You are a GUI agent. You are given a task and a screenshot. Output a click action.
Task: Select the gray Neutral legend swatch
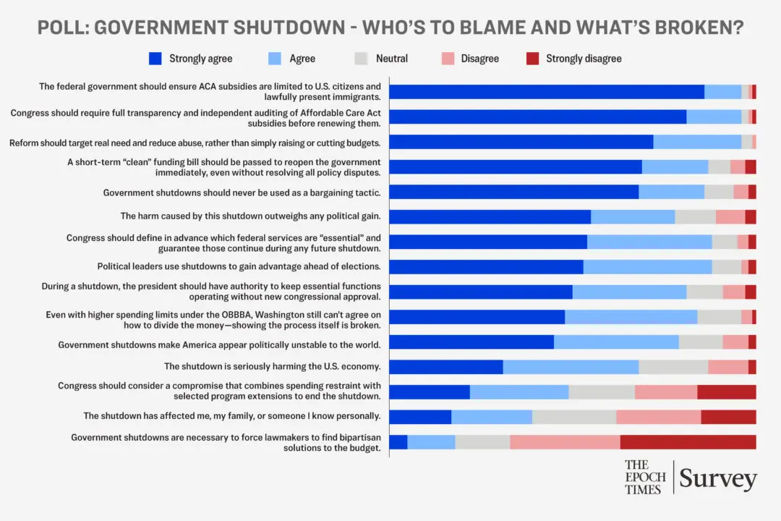click(x=362, y=59)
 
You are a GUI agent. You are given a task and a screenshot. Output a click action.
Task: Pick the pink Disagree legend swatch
click(x=448, y=59)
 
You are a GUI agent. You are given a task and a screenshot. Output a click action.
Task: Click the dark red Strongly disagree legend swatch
click(x=532, y=59)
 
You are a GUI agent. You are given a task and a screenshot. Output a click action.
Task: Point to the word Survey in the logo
click(x=717, y=478)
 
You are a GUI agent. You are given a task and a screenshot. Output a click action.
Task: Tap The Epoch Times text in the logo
click(x=645, y=478)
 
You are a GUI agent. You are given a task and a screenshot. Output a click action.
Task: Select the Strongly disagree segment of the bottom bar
click(x=688, y=442)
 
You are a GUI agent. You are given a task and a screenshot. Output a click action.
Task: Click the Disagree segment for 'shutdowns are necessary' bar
click(x=565, y=442)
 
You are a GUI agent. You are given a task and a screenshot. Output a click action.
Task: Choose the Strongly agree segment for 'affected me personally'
click(x=420, y=417)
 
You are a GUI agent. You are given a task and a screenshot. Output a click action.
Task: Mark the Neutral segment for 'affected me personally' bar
click(x=574, y=417)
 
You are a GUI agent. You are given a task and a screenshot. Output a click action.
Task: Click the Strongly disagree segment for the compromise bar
click(x=726, y=392)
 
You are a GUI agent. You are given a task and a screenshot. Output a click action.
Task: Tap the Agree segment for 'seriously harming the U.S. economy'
click(x=571, y=367)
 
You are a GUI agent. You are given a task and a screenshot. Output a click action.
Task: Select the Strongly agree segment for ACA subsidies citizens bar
click(x=547, y=92)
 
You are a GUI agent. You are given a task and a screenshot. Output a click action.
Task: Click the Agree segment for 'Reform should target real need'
click(x=697, y=142)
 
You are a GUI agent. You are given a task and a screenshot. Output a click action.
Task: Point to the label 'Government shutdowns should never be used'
click(x=242, y=192)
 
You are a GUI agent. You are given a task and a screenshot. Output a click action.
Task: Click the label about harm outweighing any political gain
click(x=250, y=216)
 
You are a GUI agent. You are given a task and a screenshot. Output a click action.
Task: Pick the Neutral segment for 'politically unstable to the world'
click(x=700, y=342)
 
